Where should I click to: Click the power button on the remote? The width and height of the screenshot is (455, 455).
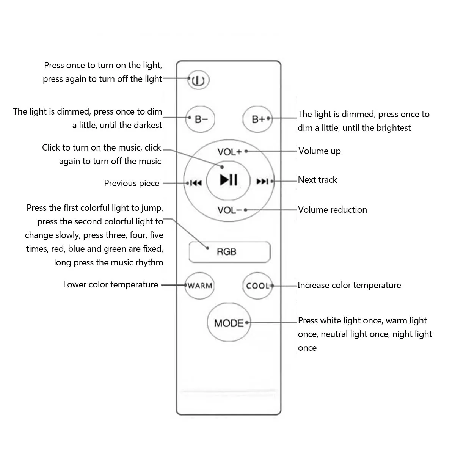coord(198,80)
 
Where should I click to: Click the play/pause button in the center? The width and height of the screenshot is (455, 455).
coord(229,179)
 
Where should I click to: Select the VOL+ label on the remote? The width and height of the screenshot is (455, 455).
coord(229,152)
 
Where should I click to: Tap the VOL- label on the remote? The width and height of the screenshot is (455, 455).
coord(229,210)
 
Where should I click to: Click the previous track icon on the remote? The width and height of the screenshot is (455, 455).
coord(196,183)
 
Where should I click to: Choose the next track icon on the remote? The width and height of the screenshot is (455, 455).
coord(262,181)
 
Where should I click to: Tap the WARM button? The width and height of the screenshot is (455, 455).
coord(200,286)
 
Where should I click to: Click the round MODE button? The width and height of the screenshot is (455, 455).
coord(229,323)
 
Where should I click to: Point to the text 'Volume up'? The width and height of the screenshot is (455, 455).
coord(320,151)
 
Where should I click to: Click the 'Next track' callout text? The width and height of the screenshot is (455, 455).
coord(317,180)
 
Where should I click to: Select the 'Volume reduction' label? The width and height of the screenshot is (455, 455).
coord(333,210)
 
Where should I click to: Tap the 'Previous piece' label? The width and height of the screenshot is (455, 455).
coord(132,183)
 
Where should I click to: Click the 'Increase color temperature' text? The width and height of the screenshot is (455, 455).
coord(349,285)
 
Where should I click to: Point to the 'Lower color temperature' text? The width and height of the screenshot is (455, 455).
coord(111,284)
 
